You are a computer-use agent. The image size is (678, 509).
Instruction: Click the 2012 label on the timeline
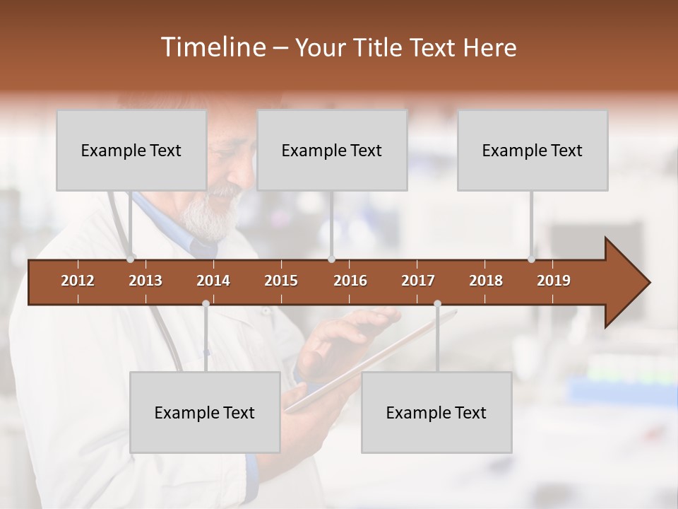point(78,281)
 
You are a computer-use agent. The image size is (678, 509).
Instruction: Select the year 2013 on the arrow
point(145,281)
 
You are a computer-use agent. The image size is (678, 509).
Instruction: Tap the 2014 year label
point(213,281)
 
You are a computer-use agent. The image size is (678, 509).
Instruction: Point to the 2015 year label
point(281,281)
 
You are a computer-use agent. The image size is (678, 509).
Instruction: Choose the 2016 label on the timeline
point(350,281)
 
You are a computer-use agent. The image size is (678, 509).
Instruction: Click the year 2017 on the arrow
point(418,281)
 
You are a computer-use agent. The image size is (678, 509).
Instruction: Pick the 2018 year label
point(486,281)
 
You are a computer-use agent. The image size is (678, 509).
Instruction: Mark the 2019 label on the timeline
point(554,281)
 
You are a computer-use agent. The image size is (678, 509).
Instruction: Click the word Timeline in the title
point(212,47)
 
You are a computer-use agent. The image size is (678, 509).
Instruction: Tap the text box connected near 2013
point(131,150)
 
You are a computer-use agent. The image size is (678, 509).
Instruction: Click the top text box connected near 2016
point(332,150)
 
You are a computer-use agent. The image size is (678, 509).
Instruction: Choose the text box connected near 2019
point(533,150)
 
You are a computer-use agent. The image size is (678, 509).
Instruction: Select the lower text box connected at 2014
point(205,412)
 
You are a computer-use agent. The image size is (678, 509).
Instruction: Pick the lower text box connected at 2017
point(436,412)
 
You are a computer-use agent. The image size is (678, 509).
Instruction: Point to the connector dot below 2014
point(206,304)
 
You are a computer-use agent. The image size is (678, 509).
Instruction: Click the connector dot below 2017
point(437,304)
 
